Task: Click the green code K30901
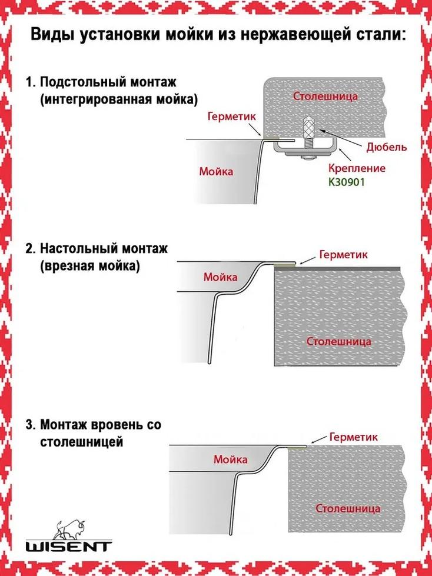(x=347, y=182)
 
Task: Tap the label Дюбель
(x=387, y=147)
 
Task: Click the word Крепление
(x=357, y=168)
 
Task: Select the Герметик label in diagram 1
(x=231, y=116)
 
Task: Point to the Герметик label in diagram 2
(x=344, y=254)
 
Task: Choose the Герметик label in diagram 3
(x=354, y=437)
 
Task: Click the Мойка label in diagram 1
(x=216, y=171)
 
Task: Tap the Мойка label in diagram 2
(x=220, y=277)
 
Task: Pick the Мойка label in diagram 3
(x=231, y=459)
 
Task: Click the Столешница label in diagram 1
(x=325, y=96)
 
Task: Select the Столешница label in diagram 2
(x=339, y=341)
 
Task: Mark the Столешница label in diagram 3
(x=348, y=509)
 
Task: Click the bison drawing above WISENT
(x=69, y=529)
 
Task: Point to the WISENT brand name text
(x=69, y=546)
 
